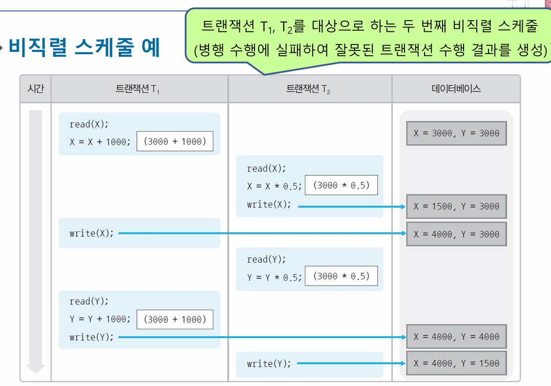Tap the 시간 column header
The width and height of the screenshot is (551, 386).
pos(36,89)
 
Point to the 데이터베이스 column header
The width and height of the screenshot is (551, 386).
pos(456,89)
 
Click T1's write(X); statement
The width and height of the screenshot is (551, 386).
pos(91,233)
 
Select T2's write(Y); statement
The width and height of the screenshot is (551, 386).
pos(269,363)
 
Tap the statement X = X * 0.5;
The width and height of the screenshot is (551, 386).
pos(274,186)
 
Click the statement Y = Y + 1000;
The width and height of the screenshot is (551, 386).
pos(100,319)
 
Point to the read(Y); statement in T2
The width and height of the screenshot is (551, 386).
pos(266,259)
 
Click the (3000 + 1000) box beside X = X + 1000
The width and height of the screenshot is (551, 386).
pos(175,141)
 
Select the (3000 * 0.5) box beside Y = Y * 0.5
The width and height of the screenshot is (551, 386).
pos(341,276)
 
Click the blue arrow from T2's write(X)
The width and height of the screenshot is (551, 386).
pos(352,206)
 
